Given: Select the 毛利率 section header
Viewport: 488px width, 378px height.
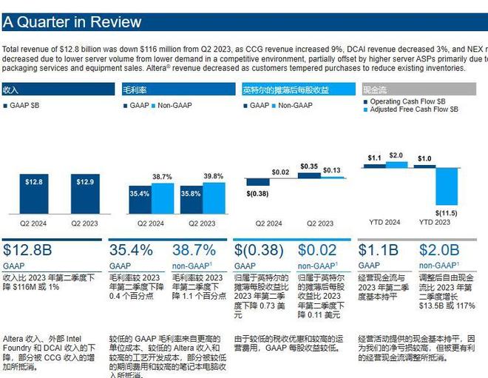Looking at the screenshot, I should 134,90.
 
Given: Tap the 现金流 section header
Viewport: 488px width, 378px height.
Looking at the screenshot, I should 373,90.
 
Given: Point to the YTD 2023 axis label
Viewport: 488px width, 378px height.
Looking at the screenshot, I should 434,223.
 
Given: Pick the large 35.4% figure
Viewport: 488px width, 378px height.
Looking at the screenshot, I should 131,250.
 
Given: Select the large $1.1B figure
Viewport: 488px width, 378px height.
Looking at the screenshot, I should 378,250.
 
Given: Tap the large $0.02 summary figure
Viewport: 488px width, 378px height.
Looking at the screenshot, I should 317,250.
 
